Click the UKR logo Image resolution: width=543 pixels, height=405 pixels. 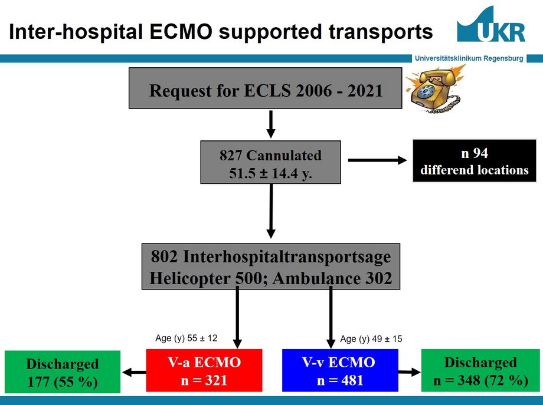coord(492,24)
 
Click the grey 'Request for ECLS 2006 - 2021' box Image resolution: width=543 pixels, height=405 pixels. coord(265,88)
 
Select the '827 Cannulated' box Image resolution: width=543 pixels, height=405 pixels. coord(270,162)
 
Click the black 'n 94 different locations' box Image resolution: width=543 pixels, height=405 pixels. coord(474,161)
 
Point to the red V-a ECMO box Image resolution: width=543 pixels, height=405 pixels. coord(204,370)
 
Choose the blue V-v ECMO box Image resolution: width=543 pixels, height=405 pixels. coord(340,370)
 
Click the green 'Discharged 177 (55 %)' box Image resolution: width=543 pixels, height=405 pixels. coord(63,372)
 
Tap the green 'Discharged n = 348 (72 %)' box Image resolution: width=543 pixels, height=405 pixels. coord(480,370)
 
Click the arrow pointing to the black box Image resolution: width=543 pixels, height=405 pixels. coord(378,160)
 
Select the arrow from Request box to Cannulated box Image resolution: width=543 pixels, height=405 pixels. coord(271,124)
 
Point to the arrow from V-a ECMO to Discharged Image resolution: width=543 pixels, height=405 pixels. coord(134,372)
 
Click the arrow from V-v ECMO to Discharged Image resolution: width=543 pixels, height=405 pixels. coord(410,372)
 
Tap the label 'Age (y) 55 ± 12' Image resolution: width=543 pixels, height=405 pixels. coord(187,338)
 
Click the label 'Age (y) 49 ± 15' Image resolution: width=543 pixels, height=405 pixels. coord(371,338)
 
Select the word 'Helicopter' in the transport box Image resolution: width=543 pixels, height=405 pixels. coord(189,278)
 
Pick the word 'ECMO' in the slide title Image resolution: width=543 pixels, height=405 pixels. coord(181,31)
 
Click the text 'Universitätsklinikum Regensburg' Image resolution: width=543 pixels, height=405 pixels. coord(469,58)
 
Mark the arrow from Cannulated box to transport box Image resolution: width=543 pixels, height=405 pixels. coord(271,211)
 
